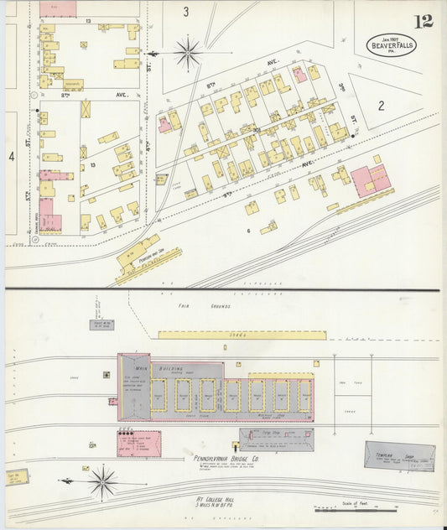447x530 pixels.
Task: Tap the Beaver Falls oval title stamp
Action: pyautogui.click(x=389, y=44)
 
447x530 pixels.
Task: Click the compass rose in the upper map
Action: pyautogui.click(x=187, y=54)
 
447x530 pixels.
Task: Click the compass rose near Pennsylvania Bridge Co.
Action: pyautogui.click(x=103, y=482)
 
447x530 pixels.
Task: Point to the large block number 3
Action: pyautogui.click(x=186, y=12)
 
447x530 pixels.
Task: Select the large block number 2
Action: pyautogui.click(x=380, y=105)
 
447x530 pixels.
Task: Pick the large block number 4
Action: pyautogui.click(x=11, y=156)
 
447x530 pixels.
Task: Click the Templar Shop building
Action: pyautogui.click(x=399, y=455)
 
